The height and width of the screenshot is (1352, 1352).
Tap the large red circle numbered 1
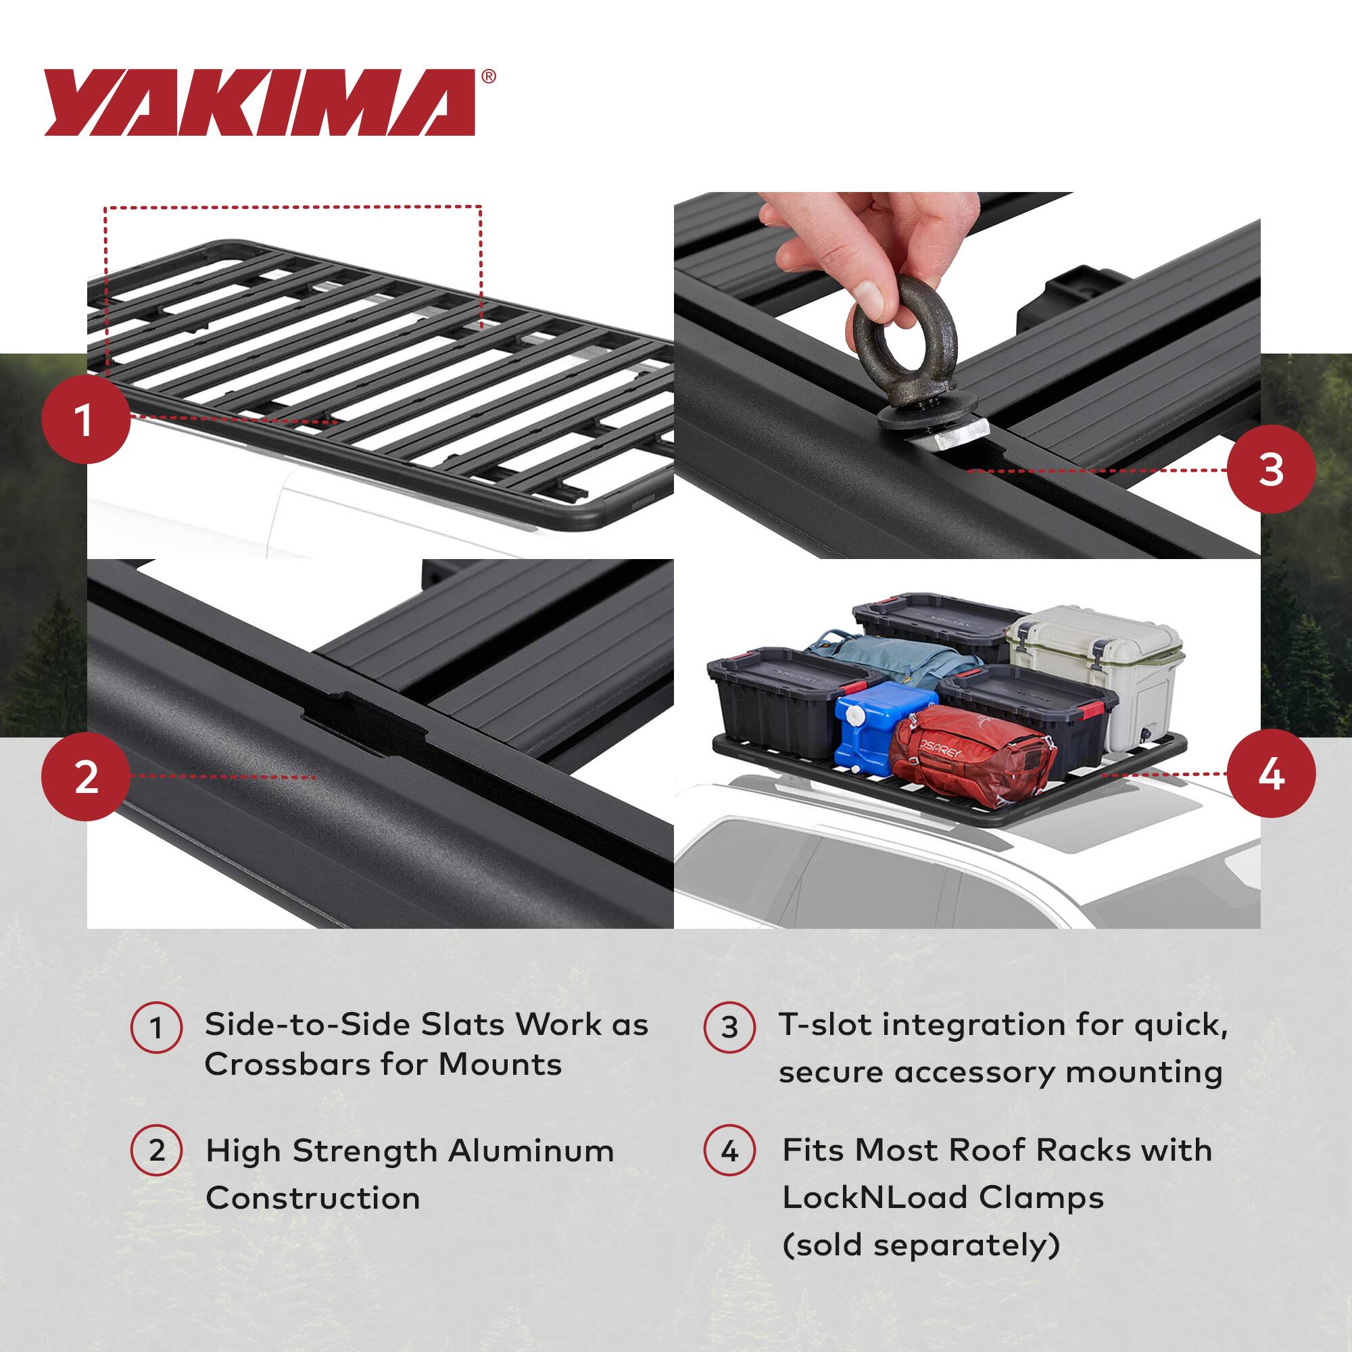(x=86, y=419)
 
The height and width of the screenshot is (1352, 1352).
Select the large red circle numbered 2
(x=86, y=777)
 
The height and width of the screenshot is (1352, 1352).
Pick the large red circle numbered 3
(x=1271, y=469)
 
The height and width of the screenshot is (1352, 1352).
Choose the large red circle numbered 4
(x=1271, y=773)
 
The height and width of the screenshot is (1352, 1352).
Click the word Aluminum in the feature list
(x=531, y=1151)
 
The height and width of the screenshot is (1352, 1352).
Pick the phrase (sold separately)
(x=921, y=1245)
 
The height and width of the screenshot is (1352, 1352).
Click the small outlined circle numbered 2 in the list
(x=157, y=1151)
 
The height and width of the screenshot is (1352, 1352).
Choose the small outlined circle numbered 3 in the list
(x=729, y=1028)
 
